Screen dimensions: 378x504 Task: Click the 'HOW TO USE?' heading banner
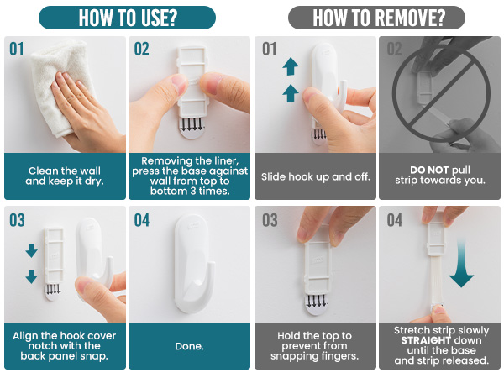pos(127,17)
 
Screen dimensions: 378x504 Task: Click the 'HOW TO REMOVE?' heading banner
pos(378,17)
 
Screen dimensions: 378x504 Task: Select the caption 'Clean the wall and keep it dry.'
pos(65,176)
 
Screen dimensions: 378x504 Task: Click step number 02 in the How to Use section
pos(142,50)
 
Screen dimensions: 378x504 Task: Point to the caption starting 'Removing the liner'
pos(189,176)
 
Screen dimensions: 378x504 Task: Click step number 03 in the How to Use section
pos(18,221)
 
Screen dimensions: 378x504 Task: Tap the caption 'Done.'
pos(189,345)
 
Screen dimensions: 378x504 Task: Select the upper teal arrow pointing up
pos(290,66)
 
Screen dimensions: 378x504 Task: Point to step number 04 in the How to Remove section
pos(395,221)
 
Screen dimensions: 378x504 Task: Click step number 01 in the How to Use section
pos(18,50)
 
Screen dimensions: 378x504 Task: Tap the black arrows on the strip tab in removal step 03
pos(316,301)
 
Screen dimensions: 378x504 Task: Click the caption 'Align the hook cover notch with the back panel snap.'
pos(65,345)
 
